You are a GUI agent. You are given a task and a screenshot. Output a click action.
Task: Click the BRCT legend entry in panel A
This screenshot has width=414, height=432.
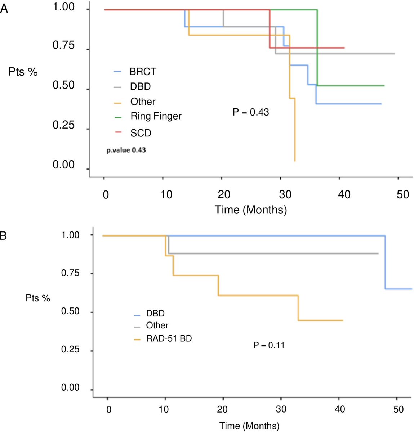pyautogui.click(x=143, y=72)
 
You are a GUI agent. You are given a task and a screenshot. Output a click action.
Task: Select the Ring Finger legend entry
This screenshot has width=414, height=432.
pyautogui.click(x=156, y=116)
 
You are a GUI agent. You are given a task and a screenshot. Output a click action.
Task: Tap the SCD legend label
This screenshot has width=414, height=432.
pyautogui.click(x=141, y=133)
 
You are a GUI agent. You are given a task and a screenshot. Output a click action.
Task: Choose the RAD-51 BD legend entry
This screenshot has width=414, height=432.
pyautogui.click(x=169, y=338)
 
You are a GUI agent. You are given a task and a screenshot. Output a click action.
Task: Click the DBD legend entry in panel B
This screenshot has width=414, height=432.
pyautogui.click(x=155, y=314)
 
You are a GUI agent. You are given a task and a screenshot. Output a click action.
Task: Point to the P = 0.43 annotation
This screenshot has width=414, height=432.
pyautogui.click(x=251, y=112)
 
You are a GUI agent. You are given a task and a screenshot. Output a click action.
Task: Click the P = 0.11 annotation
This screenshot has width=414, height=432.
pyautogui.click(x=269, y=345)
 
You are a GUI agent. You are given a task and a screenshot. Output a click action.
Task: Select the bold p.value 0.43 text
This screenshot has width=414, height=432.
pyautogui.click(x=126, y=150)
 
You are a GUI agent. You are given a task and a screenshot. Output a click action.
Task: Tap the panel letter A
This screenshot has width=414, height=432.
pyautogui.click(x=4, y=9)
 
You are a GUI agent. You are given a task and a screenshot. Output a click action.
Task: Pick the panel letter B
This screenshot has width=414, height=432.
pyautogui.click(x=3, y=237)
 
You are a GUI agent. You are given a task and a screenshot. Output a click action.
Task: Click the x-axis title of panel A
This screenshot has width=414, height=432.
pyautogui.click(x=251, y=210)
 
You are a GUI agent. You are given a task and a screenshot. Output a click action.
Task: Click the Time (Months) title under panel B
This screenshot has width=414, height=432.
pyautogui.click(x=249, y=426)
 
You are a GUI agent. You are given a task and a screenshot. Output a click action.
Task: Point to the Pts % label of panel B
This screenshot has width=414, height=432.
pyautogui.click(x=38, y=298)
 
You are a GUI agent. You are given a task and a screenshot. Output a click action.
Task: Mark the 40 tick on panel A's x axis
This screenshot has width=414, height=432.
pyautogui.click(x=344, y=195)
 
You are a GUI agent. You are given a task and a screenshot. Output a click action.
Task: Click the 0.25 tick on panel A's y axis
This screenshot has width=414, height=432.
pyautogui.click(x=63, y=125)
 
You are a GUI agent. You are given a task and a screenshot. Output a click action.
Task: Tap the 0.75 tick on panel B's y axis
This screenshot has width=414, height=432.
pyautogui.click(x=70, y=273)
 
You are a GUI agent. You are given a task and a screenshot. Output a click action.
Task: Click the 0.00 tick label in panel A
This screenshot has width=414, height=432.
pyautogui.click(x=63, y=165)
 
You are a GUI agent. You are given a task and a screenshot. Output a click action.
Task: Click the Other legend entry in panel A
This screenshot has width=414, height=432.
pyautogui.click(x=143, y=102)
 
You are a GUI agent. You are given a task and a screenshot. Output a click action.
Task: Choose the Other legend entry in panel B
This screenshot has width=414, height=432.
pyautogui.click(x=157, y=325)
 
